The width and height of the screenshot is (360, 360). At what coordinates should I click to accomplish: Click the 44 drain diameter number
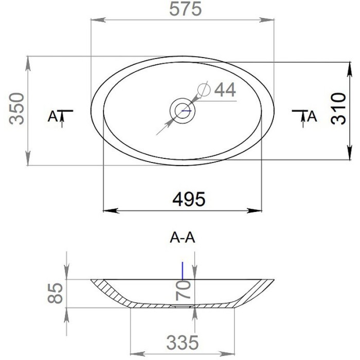coord(225,89)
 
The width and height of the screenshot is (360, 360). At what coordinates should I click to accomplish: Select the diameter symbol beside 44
coord(204,89)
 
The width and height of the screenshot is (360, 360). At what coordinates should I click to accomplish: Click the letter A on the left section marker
coord(51,117)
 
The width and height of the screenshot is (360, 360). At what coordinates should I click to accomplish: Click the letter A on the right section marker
coord(312,117)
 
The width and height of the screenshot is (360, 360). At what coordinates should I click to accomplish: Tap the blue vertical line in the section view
coord(182,270)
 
